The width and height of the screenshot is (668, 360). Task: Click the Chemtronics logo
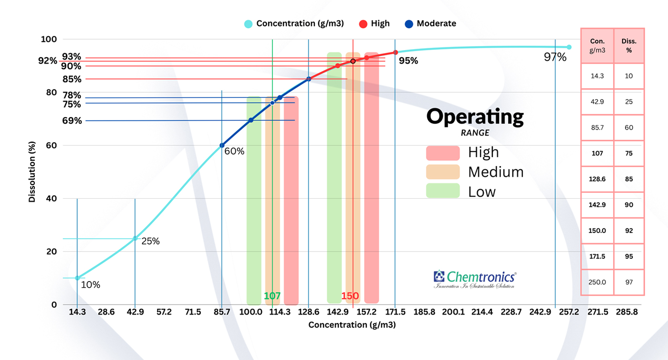[x=474, y=279]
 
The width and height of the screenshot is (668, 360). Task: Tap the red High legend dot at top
[x=363, y=23]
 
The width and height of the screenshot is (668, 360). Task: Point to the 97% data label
[x=555, y=57]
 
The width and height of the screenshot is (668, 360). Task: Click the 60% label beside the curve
[x=234, y=151]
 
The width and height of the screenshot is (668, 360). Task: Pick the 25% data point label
[x=150, y=241]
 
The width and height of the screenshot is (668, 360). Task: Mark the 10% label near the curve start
[x=90, y=285]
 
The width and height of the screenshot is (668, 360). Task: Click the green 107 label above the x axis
[x=272, y=296]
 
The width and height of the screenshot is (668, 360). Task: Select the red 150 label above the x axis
[x=350, y=296]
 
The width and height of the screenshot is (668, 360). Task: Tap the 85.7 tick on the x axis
[x=222, y=312]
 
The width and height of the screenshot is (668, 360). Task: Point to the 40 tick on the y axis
[x=52, y=199]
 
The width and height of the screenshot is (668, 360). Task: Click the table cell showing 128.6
[x=597, y=179]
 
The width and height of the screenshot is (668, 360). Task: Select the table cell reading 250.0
[x=597, y=282]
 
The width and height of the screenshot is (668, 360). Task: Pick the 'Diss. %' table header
[x=629, y=45]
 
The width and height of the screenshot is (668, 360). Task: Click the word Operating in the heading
[x=475, y=116]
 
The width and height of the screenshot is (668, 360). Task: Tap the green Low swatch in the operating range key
[x=443, y=191]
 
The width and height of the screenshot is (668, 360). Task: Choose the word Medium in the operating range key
[x=496, y=172]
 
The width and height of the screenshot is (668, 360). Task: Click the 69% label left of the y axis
[x=72, y=121]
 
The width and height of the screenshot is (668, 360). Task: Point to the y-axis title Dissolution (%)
[x=32, y=172]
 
